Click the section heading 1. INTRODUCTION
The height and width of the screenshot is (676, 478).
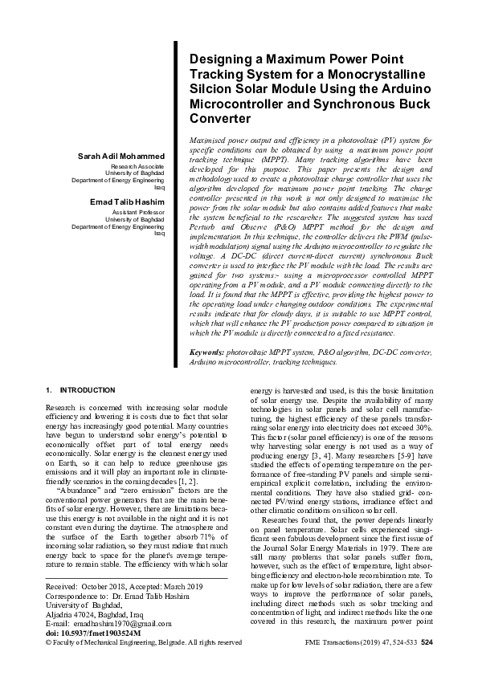tap(80, 389)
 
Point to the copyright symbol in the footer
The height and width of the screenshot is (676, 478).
tap(49, 643)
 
